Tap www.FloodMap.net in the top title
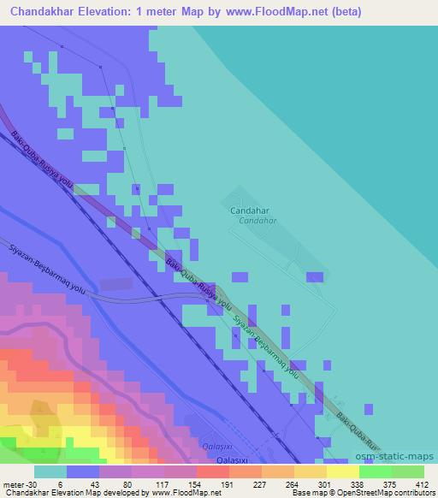coord(269,11)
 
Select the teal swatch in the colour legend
coord(50,471)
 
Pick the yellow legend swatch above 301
coord(311,471)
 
